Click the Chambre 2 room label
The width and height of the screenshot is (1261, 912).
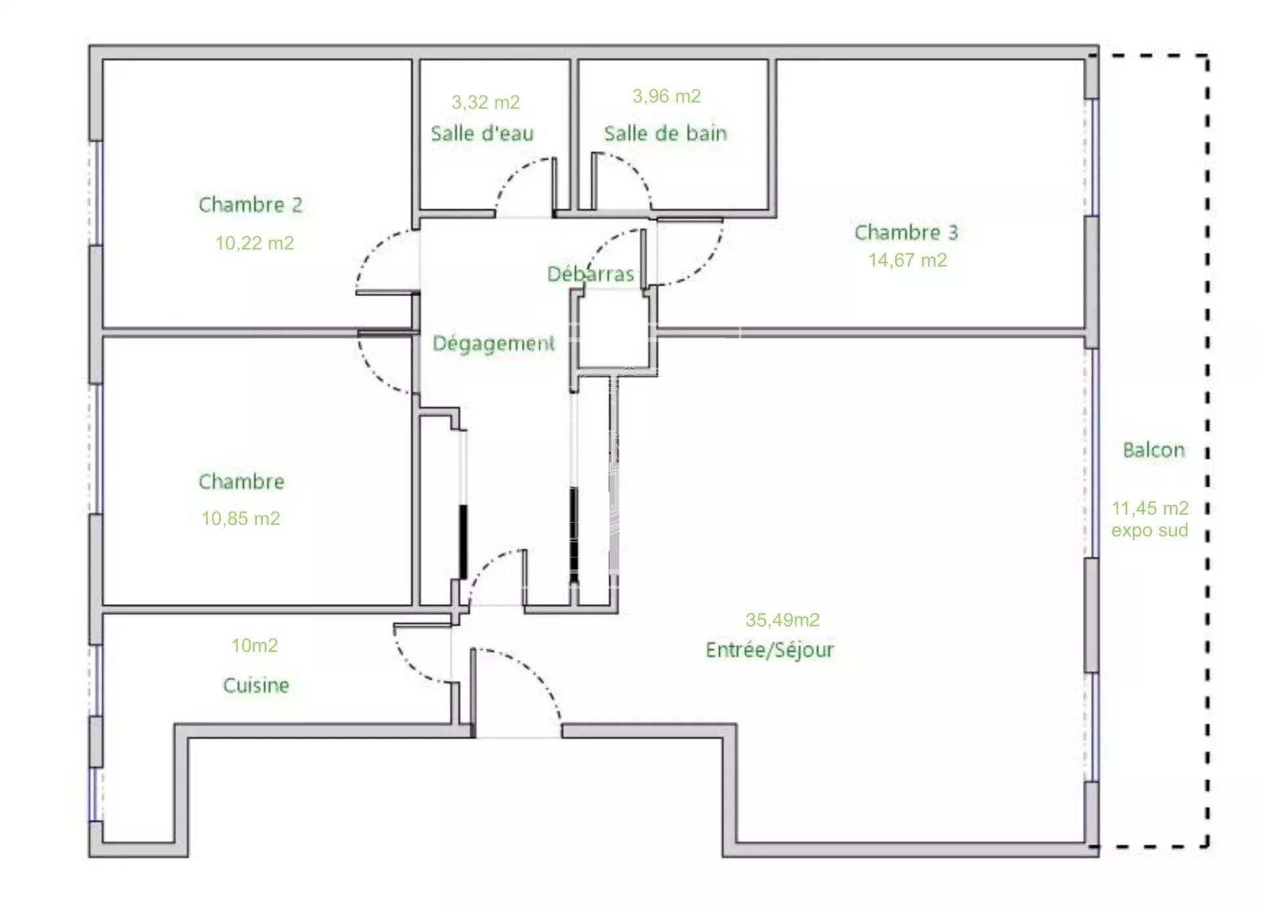(250, 205)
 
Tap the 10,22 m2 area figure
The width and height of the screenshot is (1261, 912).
(254, 243)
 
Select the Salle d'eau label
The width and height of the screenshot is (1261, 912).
(482, 133)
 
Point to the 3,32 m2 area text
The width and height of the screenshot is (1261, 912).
(485, 102)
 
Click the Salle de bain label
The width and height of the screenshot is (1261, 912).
(665, 133)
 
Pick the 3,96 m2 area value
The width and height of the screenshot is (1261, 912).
(667, 97)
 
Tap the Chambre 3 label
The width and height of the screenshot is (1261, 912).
(906, 232)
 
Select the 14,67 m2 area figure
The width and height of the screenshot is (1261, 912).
(908, 260)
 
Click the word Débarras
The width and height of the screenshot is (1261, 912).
(591, 274)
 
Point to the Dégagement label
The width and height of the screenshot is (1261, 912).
(494, 343)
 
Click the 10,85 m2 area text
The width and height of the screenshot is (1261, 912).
(240, 519)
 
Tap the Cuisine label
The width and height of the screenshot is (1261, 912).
(256, 685)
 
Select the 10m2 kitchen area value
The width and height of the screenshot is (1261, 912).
(254, 645)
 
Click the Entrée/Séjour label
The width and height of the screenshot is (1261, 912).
(770, 650)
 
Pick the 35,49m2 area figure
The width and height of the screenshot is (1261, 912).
(782, 620)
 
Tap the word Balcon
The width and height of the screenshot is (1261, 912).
(1154, 450)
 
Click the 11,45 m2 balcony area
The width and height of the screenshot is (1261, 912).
(1150, 508)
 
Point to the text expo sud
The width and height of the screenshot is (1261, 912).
(1150, 531)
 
